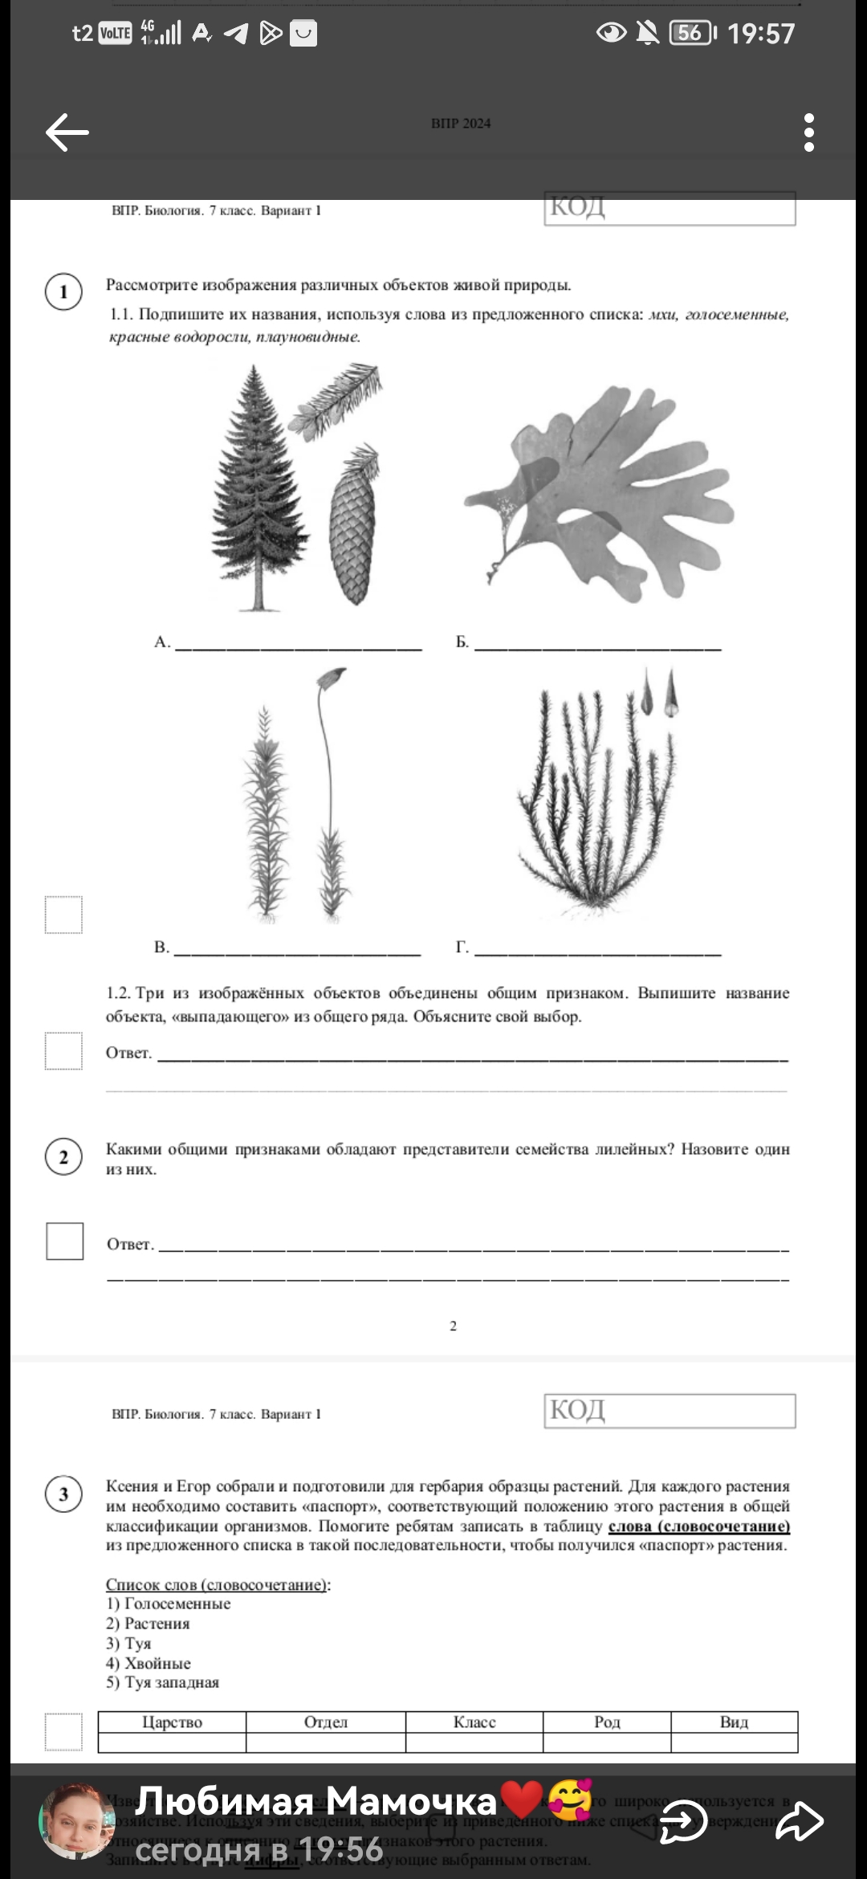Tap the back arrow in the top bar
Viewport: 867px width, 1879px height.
67,132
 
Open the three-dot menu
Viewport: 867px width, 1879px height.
808,132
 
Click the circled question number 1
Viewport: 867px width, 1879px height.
63,291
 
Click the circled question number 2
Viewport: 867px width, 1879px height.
63,1158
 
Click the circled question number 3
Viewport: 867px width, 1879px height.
63,1494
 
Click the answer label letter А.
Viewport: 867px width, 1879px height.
161,642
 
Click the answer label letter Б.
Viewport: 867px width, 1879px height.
462,642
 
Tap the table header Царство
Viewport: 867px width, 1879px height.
172,1722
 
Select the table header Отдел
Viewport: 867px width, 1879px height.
325,1722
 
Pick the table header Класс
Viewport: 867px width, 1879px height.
474,1722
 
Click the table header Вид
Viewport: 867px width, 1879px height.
734,1722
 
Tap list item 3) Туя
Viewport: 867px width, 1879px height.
128,1643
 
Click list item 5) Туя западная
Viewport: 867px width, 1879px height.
162,1682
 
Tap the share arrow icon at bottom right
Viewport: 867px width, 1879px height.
800,1821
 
